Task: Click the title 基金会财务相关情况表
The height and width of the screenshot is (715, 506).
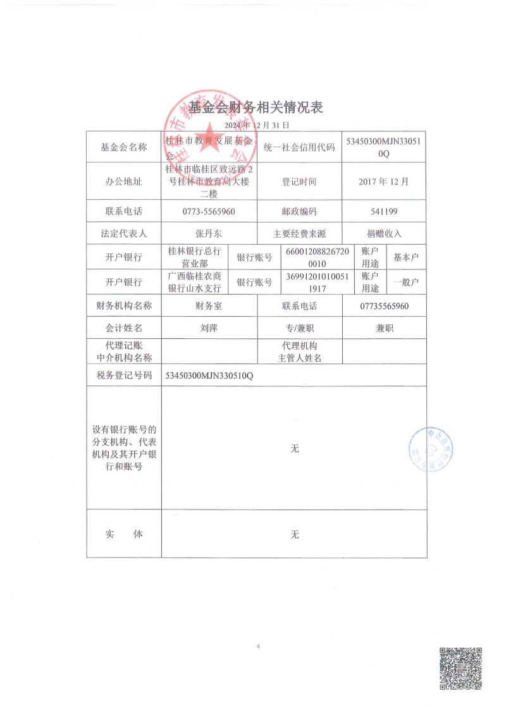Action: click(x=256, y=107)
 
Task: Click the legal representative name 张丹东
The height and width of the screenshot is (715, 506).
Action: click(x=209, y=233)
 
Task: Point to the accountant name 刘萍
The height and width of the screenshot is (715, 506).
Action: click(x=209, y=328)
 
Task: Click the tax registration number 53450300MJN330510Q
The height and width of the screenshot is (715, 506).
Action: click(x=209, y=375)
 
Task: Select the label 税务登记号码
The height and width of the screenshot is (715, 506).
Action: click(x=124, y=375)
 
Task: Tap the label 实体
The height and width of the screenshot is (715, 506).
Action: click(x=124, y=534)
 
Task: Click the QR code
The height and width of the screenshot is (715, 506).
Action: click(x=461, y=669)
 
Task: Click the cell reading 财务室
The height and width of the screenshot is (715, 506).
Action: click(x=209, y=306)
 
